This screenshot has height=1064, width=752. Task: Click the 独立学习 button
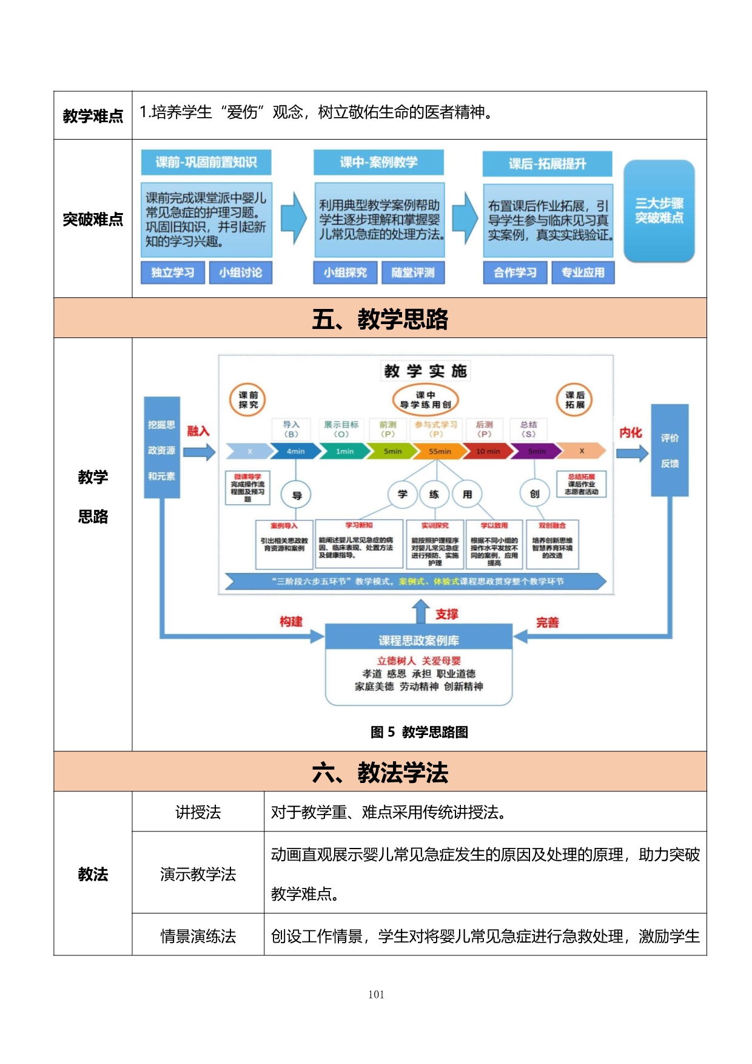(173, 273)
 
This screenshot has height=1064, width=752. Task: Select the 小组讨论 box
(240, 273)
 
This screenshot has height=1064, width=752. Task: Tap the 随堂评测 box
(412, 273)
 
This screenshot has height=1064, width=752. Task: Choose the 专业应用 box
(582, 273)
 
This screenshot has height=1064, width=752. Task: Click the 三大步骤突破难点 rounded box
(659, 211)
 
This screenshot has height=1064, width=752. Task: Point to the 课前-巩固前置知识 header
(206, 162)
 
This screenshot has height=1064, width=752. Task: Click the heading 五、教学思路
(380, 318)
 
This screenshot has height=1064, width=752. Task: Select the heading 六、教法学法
(380, 772)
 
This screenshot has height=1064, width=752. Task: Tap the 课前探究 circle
(248, 399)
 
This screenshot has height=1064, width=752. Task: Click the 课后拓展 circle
(574, 399)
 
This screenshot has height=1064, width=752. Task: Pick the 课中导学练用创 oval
(425, 399)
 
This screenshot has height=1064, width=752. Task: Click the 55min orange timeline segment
(439, 451)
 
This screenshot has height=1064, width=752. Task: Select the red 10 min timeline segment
(487, 451)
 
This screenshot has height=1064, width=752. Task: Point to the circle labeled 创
(534, 494)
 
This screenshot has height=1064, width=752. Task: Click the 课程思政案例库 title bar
(418, 640)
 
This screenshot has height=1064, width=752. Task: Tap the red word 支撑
(447, 614)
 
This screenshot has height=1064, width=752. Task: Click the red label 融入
(198, 431)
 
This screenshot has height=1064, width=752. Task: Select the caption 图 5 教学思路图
(419, 732)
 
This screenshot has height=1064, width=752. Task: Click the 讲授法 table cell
(198, 812)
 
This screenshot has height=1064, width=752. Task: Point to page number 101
(376, 994)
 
